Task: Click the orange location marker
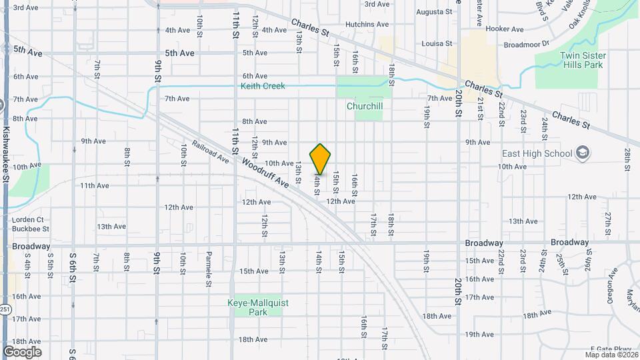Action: click(320, 159)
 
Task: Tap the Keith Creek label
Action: click(263, 86)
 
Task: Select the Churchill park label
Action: click(364, 106)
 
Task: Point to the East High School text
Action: click(537, 153)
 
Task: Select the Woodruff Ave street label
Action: click(265, 172)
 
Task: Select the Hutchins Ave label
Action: click(367, 25)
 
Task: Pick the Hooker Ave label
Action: click(505, 29)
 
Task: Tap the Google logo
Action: click(22, 351)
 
